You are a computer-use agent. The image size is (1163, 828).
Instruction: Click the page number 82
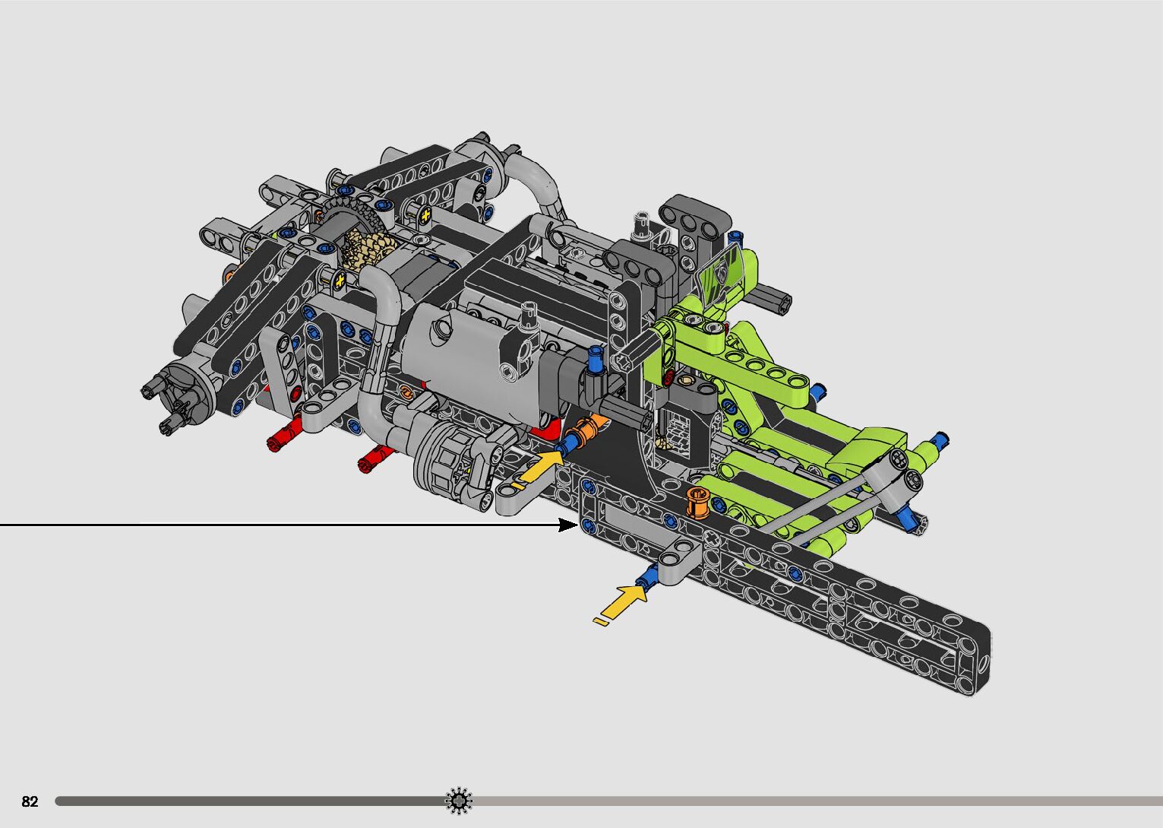30,801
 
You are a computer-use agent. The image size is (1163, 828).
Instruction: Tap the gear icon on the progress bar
459,801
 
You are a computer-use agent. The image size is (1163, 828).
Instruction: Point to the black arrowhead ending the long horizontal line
568,525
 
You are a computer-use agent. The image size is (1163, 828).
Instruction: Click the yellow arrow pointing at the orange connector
540,468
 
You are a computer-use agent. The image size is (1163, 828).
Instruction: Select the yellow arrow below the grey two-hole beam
622,604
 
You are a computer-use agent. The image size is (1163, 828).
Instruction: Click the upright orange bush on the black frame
698,503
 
